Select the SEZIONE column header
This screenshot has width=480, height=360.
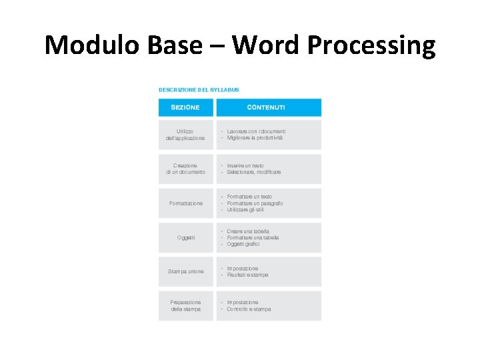click(185, 107)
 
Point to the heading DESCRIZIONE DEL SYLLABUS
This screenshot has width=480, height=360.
click(199, 89)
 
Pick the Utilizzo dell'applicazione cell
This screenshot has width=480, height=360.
click(185, 135)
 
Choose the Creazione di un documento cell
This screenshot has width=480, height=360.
click(185, 169)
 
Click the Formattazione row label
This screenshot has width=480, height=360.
click(186, 203)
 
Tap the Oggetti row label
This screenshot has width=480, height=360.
click(186, 237)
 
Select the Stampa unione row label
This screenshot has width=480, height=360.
click(186, 271)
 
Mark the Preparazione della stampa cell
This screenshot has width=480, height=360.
click(185, 305)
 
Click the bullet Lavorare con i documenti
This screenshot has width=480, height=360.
click(256, 131)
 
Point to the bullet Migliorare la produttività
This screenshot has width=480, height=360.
click(255, 138)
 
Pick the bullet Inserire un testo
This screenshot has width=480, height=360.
click(245, 165)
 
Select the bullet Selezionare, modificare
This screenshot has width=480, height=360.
click(254, 172)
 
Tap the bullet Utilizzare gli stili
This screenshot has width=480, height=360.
click(245, 209)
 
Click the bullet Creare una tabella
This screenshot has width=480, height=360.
click(248, 231)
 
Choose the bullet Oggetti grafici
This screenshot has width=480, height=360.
click(243, 244)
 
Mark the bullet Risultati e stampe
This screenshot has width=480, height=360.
click(247, 275)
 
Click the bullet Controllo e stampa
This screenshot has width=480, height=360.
click(249, 309)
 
